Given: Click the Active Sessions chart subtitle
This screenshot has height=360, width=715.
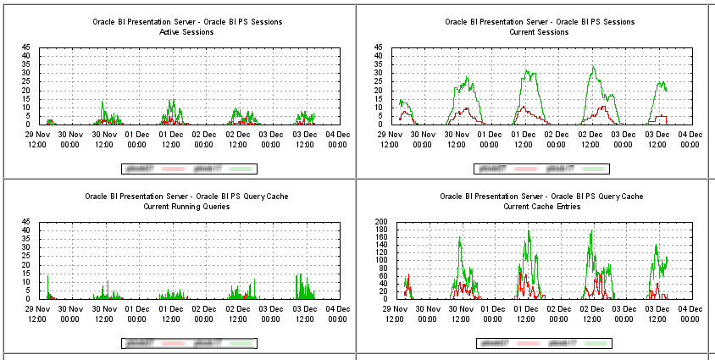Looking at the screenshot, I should coord(186,32).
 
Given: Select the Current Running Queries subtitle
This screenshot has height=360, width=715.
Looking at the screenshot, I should coord(186,207).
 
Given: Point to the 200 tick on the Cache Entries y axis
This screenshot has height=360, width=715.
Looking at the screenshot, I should coord(382,222).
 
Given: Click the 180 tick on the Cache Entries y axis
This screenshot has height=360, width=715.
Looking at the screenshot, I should coord(382,230).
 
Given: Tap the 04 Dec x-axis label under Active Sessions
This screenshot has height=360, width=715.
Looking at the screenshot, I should coord(339,138).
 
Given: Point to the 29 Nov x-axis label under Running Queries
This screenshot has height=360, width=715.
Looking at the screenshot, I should coord(37,313).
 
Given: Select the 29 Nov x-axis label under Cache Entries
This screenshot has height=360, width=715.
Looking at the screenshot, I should coord(393,313).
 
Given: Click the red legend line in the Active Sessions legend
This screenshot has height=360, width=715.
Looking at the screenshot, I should coord(168,169).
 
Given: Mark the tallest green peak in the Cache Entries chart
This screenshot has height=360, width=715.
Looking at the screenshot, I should coord(529,230).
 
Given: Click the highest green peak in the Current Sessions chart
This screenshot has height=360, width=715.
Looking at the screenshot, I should coord(593,66).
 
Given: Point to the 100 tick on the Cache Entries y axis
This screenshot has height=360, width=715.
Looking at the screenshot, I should coord(382,260).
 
